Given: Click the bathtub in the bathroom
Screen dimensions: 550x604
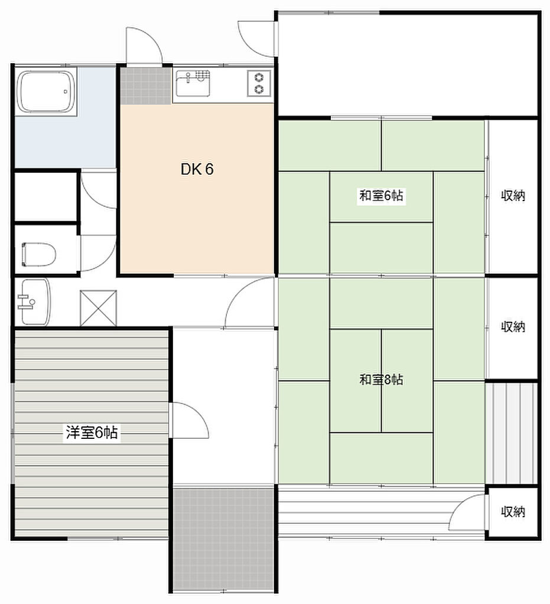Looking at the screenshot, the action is click(46, 91).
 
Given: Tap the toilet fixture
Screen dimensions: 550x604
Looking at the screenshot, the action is click(38, 254).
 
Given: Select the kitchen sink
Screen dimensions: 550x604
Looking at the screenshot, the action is click(193, 83).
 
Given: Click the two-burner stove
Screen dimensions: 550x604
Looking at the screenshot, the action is click(259, 83).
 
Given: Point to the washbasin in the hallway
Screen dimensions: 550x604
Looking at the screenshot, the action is click(34, 301).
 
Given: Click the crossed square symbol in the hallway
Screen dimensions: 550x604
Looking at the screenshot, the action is click(98, 308).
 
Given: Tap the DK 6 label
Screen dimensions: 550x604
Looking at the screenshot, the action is click(197, 169).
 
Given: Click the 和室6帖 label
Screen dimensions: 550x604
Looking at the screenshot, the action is click(381, 196).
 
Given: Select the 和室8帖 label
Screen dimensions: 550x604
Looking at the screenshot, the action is click(381, 380).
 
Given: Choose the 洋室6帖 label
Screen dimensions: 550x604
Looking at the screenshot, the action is click(92, 432).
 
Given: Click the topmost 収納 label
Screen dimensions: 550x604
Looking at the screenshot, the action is click(513, 196).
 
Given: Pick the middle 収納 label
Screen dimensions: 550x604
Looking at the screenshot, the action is click(513, 327).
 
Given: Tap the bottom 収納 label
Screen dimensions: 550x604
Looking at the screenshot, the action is click(513, 511).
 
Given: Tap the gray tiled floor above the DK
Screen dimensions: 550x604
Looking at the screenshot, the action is click(145, 86).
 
